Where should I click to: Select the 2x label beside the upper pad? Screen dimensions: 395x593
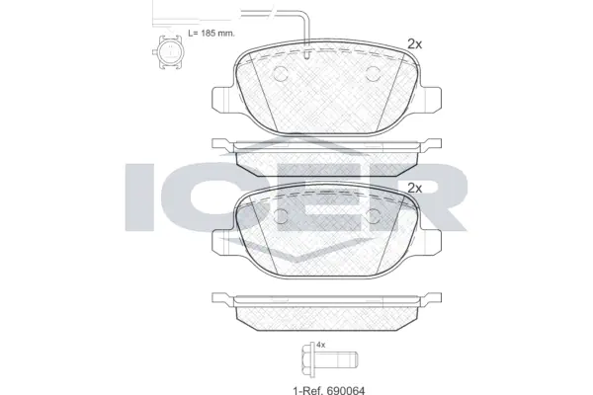coord(414,43)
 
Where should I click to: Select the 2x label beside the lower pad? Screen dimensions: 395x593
coord(414,188)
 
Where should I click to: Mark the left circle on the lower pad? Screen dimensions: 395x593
coord(281,218)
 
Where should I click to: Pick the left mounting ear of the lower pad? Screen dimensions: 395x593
coord(223,239)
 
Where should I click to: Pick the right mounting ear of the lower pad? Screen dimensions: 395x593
coord(431,239)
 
